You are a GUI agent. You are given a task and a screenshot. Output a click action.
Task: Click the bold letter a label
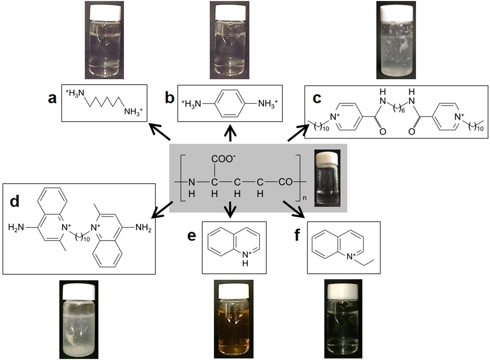coord(52,98)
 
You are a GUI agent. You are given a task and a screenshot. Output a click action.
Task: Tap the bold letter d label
coord(15,201)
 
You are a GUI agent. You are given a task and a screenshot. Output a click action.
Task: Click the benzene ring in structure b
coord(230,103)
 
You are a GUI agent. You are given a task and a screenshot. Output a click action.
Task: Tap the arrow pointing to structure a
coord(159,132)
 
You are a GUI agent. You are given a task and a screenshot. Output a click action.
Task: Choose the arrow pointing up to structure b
coord(230,134)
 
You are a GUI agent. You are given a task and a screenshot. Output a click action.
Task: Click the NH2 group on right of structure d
coord(144,228)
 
